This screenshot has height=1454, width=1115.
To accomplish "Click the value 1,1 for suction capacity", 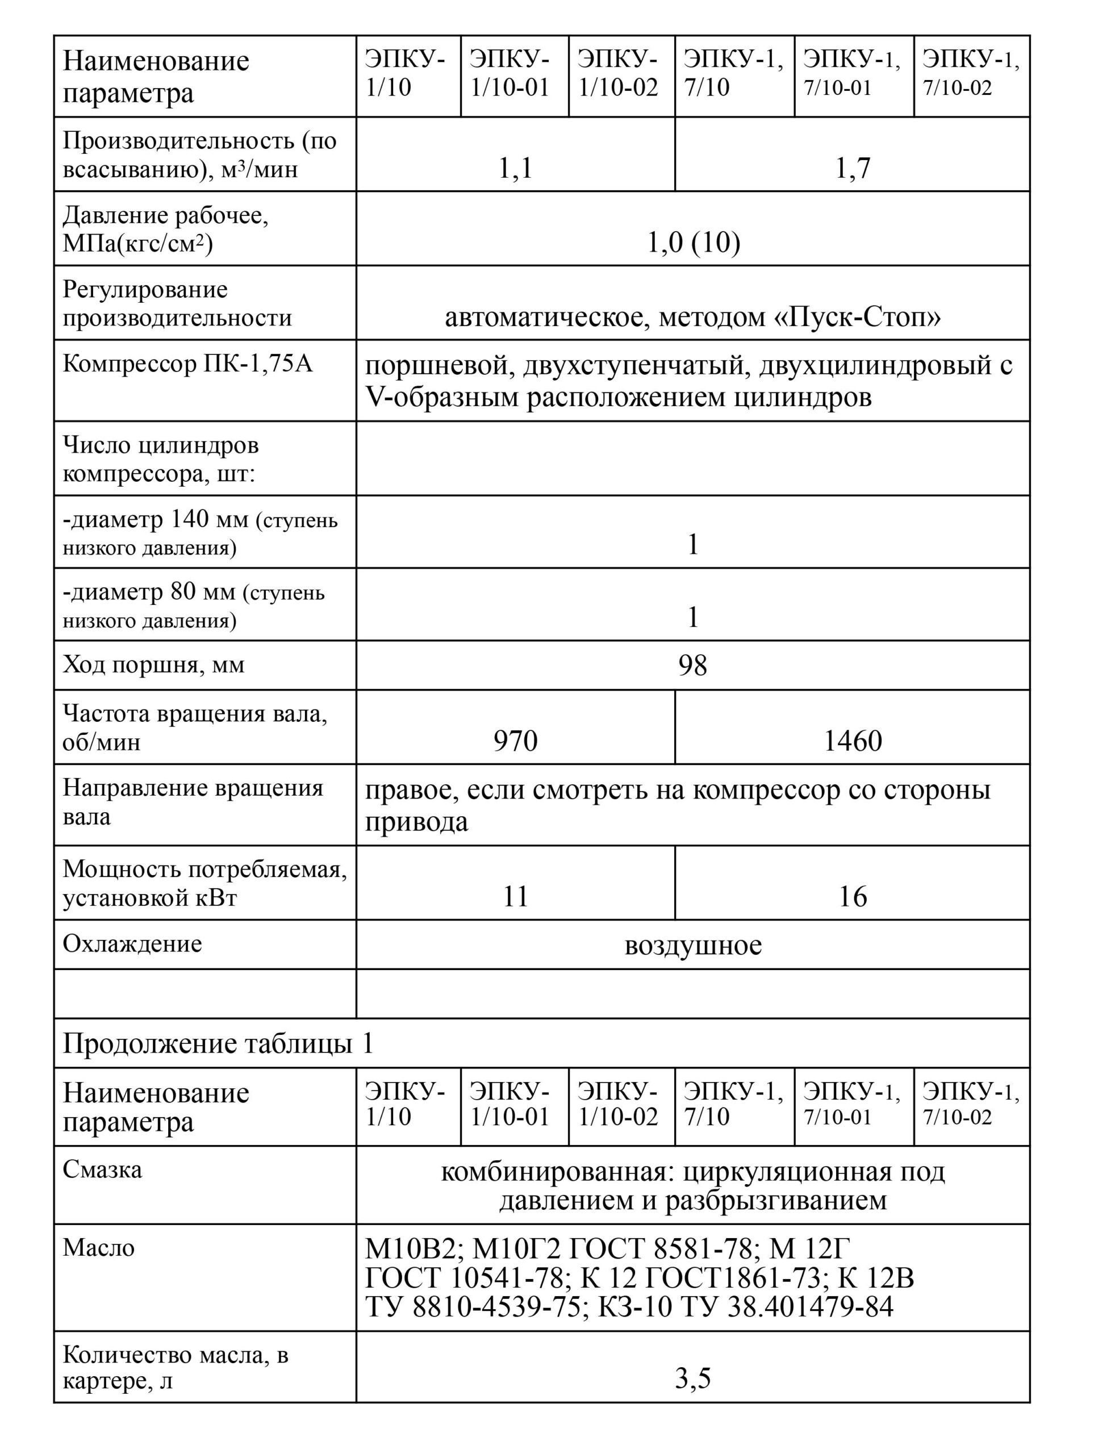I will [x=515, y=169].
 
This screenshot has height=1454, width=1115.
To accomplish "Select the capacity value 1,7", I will [x=852, y=169].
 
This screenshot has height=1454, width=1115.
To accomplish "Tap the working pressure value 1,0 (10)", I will [x=693, y=243].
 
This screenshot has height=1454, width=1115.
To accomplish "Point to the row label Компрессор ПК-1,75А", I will [x=187, y=363].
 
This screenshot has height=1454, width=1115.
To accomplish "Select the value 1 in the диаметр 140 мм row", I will [x=693, y=545].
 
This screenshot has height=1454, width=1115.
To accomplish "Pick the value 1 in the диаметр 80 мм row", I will [x=693, y=618].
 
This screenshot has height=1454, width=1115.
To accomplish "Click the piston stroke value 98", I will [x=693, y=666].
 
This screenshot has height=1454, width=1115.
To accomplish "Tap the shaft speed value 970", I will [x=515, y=741].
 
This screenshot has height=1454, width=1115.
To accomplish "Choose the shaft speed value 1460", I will [x=852, y=741].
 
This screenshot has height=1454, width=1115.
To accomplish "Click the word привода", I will [x=416, y=821].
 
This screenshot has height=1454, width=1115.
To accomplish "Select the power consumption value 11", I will [x=515, y=897].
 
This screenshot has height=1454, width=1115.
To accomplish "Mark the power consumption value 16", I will [x=852, y=897].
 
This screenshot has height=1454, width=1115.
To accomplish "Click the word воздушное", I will [x=693, y=945].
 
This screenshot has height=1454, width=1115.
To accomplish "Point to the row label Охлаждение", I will [x=132, y=943].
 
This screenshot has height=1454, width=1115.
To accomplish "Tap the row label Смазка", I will [x=102, y=1169].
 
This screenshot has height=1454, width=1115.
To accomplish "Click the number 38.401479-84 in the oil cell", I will [x=811, y=1307].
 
